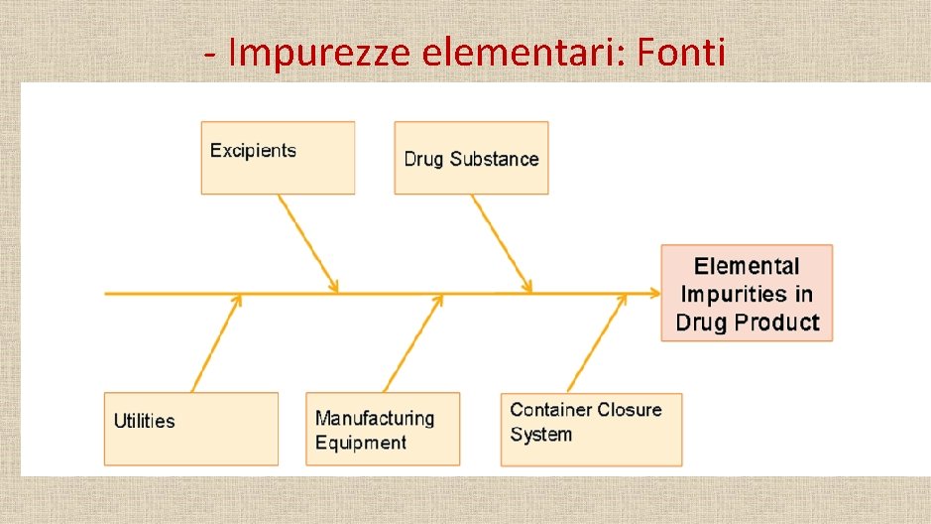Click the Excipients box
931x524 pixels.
(x=278, y=158)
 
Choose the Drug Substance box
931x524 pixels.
(x=471, y=158)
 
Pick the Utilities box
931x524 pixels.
(x=190, y=429)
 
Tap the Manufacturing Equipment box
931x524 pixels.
(x=383, y=429)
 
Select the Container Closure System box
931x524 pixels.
(x=591, y=429)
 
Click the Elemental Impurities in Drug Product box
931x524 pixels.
(x=747, y=293)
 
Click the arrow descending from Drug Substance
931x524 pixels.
(x=501, y=243)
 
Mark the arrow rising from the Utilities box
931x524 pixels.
(x=216, y=342)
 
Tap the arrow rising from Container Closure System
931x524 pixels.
(x=597, y=342)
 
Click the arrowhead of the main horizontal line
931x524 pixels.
(x=653, y=293)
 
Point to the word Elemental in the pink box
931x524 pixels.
(x=747, y=266)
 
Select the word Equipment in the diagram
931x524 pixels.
(x=361, y=443)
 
